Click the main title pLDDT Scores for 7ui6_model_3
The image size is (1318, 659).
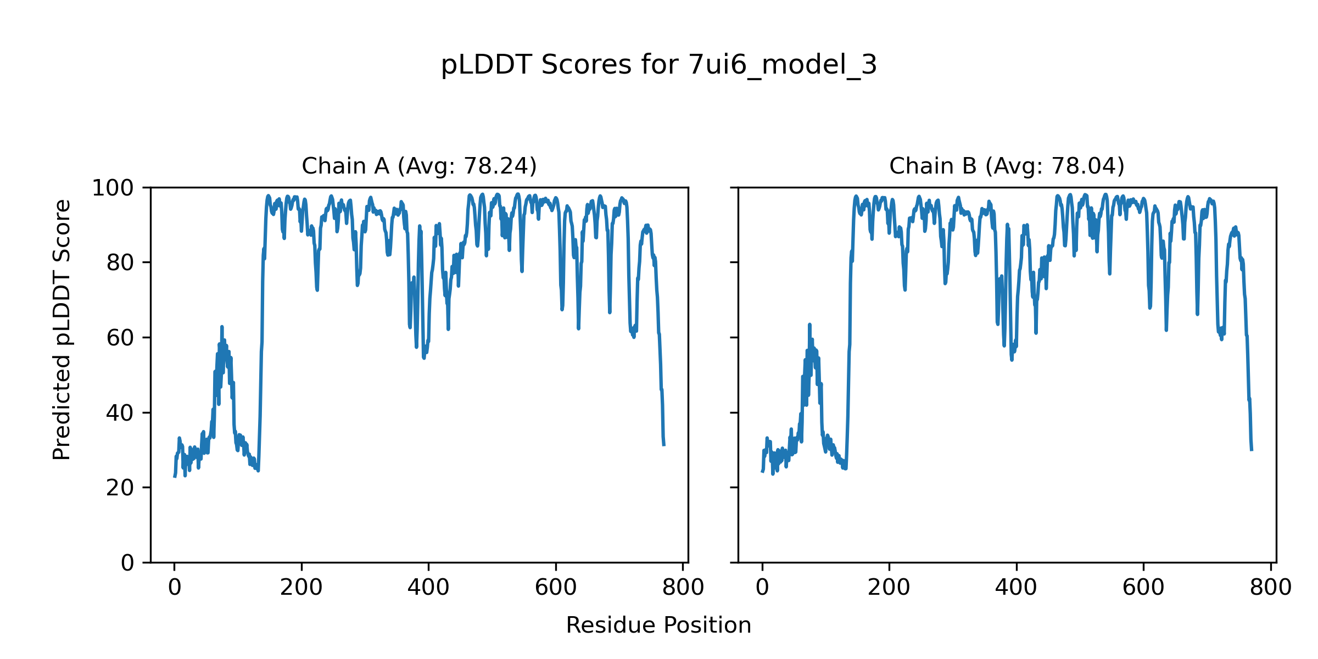pyautogui.click(x=658, y=65)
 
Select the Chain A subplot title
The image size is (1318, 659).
pyautogui.click(x=419, y=166)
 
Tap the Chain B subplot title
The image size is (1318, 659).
pyautogui.click(x=1007, y=166)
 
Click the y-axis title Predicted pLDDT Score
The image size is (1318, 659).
pyautogui.click(x=62, y=329)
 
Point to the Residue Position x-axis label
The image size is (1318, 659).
pyautogui.click(x=658, y=626)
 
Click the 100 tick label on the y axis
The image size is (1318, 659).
pyautogui.click(x=113, y=188)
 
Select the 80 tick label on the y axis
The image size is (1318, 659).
pyautogui.click(x=120, y=263)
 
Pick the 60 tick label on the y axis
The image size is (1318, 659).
pyautogui.click(x=120, y=338)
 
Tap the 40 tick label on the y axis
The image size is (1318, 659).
pyautogui.click(x=120, y=413)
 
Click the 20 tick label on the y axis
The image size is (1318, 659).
pyautogui.click(x=120, y=488)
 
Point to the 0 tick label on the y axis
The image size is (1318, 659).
pyautogui.click(x=127, y=563)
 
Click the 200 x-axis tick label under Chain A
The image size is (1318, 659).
pyautogui.click(x=301, y=588)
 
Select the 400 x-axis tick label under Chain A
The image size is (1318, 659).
pyautogui.click(x=428, y=588)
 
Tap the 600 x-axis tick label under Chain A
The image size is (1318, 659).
pyautogui.click(x=556, y=588)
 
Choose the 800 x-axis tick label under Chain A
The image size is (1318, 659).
pyautogui.click(x=683, y=588)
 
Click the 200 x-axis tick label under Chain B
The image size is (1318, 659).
pyautogui.click(x=889, y=588)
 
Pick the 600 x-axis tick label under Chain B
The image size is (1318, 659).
pyautogui.click(x=1143, y=588)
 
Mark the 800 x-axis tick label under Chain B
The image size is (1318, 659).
pyautogui.click(x=1271, y=588)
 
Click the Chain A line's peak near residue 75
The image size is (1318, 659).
pyautogui.click(x=222, y=327)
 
